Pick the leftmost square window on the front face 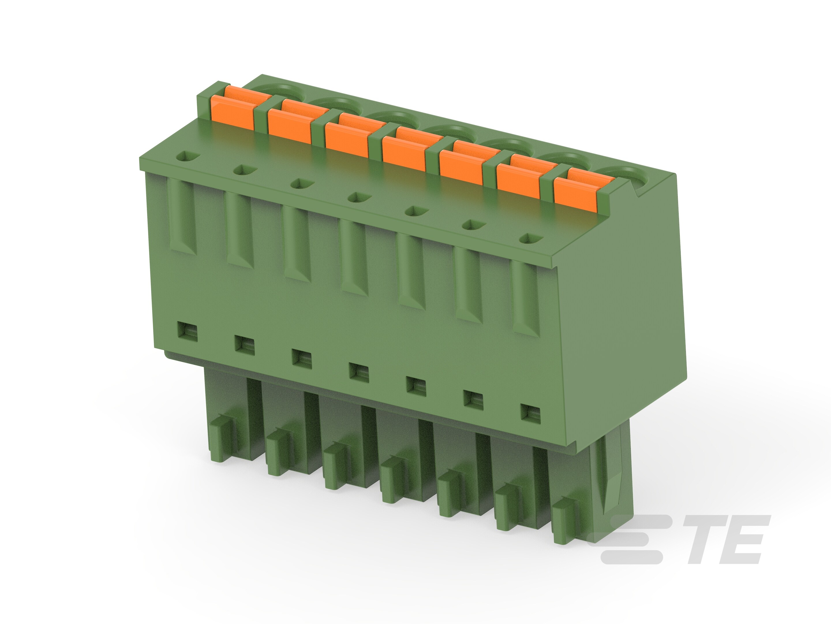click(188, 331)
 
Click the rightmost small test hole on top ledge click(530, 238)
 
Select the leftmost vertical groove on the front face click(184, 216)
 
